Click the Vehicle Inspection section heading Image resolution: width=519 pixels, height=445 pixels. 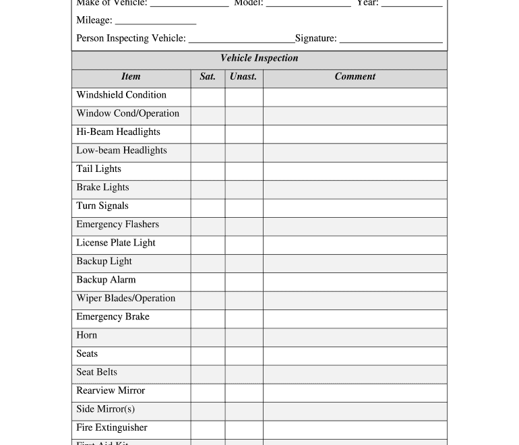259,59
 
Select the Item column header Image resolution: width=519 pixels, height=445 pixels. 131,77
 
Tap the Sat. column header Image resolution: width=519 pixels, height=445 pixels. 208,77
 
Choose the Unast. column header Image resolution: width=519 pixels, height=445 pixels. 243,77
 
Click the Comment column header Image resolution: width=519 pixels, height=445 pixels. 355,77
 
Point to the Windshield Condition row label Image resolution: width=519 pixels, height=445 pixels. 121,95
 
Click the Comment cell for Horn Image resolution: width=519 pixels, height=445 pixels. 355,336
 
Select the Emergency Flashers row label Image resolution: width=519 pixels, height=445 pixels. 118,225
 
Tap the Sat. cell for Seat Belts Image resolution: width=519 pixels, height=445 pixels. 208,374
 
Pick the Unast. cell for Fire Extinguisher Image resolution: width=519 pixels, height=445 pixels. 244,429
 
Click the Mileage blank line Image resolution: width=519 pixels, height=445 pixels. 156,22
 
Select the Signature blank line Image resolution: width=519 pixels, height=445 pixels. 391,40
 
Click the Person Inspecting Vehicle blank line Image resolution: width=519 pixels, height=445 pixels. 241,40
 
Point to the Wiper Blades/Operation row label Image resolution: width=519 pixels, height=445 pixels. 126,299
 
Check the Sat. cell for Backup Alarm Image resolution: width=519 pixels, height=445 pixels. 208,281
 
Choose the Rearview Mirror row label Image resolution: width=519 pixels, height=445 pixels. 111,391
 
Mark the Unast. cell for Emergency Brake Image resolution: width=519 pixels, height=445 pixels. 244,318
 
